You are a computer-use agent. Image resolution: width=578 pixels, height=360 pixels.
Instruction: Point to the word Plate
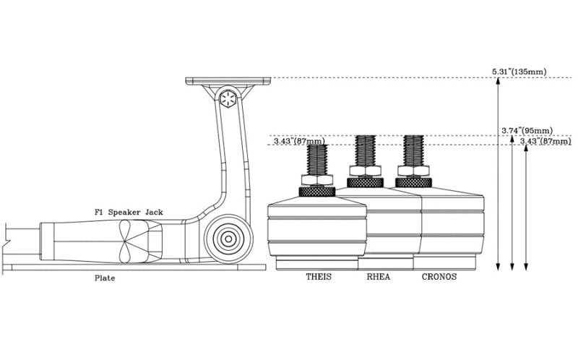[105, 277]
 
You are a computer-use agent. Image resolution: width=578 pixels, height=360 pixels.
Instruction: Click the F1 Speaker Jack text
[129, 212]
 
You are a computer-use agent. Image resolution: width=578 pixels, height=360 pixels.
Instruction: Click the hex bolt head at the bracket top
[228, 100]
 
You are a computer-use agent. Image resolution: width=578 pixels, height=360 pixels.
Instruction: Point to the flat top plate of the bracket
[228, 81]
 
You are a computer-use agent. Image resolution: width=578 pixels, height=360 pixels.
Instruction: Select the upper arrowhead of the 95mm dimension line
[512, 139]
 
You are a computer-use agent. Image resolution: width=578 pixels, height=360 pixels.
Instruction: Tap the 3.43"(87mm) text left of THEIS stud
[299, 141]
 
